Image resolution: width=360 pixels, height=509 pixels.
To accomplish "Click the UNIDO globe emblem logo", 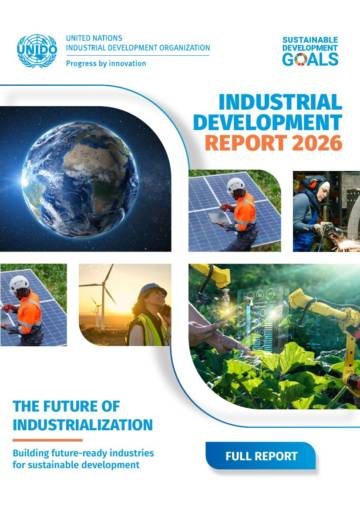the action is (x=37, y=51).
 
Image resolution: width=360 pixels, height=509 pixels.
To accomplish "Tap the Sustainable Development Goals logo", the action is (x=310, y=51).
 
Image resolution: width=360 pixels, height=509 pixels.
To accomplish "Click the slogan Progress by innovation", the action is (x=106, y=63).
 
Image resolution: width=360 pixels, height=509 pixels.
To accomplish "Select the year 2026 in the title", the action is (x=317, y=143).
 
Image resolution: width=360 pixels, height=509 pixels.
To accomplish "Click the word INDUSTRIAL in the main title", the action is (x=281, y=102).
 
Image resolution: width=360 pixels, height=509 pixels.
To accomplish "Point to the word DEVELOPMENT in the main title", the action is (x=268, y=122).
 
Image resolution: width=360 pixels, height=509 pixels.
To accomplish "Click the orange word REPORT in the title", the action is (x=246, y=143).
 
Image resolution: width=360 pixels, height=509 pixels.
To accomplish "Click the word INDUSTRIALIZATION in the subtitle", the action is (x=83, y=425).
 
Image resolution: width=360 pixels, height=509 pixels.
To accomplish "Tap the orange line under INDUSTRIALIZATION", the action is (x=48, y=440).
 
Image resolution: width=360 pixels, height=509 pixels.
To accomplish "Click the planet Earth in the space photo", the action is (x=80, y=179).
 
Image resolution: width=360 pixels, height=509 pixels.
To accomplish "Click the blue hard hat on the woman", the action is (x=152, y=289).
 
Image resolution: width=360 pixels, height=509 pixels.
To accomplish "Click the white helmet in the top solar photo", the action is (x=236, y=185).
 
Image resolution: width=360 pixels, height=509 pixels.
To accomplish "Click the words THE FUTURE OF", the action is (x=66, y=406).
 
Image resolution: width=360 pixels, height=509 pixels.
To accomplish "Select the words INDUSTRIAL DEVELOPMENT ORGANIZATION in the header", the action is (x=138, y=48).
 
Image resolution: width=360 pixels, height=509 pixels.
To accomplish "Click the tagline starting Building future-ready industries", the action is (x=83, y=459).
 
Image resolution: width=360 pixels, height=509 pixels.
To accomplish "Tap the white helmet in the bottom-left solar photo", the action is (x=19, y=283).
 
